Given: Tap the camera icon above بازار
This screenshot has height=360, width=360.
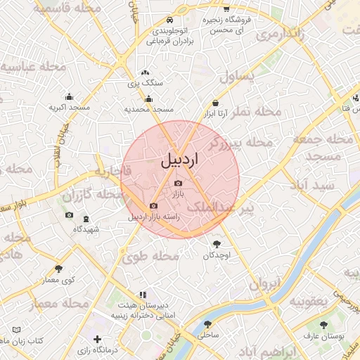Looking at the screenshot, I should [177, 183].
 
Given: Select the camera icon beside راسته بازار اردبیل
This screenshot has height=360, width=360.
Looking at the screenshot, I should [153, 206].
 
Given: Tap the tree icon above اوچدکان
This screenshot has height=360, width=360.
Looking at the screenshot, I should [216, 244].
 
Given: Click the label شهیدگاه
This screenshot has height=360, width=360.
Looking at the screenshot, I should [86, 229].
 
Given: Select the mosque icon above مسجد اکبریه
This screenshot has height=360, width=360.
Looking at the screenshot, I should [69, 97].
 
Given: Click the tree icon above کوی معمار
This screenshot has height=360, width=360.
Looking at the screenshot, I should [58, 269].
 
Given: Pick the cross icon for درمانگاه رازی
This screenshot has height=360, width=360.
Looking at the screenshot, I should [97, 340].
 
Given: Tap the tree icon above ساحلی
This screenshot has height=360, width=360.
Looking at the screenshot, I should [208, 325].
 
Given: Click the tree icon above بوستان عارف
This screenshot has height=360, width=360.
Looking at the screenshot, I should [323, 325].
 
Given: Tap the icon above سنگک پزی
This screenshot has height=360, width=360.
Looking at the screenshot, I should [145, 72].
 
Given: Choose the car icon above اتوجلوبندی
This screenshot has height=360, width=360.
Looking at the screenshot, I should [169, 21].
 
